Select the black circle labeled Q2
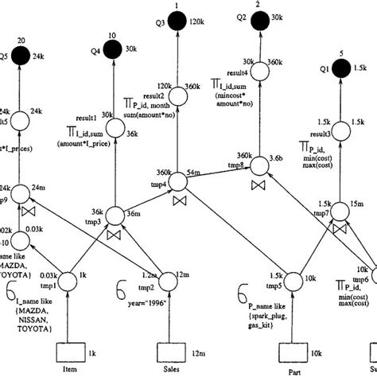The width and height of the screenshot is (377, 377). tap(260, 25)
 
